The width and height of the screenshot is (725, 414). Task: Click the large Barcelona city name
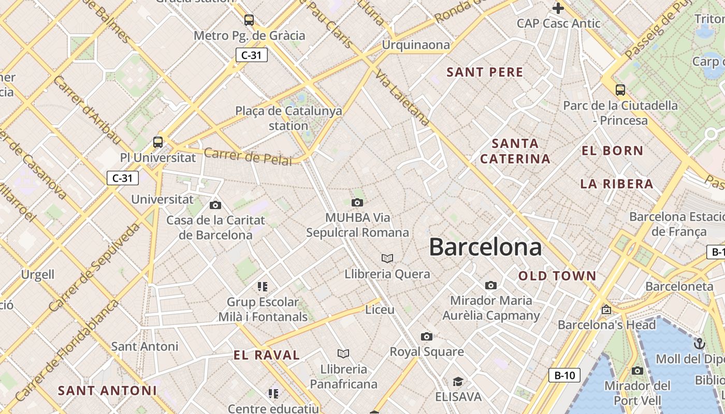coord(485,247)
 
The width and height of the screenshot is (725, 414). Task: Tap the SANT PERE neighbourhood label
coord(485,72)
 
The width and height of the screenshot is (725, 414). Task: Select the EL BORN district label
coord(612,151)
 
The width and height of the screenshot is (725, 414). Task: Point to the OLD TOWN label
coord(557,276)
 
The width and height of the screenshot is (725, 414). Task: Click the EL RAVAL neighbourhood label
coord(267,355)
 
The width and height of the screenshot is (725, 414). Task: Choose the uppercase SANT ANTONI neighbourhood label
coord(107,391)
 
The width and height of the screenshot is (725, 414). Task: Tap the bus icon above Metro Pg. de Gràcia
coord(249,20)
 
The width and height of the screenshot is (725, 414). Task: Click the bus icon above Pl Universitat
coord(158,142)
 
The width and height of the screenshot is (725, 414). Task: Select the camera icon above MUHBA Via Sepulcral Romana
coord(357,202)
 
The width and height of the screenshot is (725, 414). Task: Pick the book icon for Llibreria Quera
coord(387,258)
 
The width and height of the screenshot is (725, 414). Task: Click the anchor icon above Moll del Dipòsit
coord(699,344)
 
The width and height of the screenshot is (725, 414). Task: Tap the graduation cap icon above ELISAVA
coord(458,382)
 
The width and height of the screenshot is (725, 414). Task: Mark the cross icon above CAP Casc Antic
coord(558,8)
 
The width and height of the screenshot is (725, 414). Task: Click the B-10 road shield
coord(564,375)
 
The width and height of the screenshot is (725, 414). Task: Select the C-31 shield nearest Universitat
coord(123,179)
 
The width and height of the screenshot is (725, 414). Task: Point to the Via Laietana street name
coord(403,98)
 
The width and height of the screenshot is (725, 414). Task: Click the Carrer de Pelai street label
coord(248,156)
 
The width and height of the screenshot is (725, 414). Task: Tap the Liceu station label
coord(380,310)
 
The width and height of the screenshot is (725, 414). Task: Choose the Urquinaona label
coord(416,45)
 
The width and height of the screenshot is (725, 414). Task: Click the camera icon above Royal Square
coord(426,337)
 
